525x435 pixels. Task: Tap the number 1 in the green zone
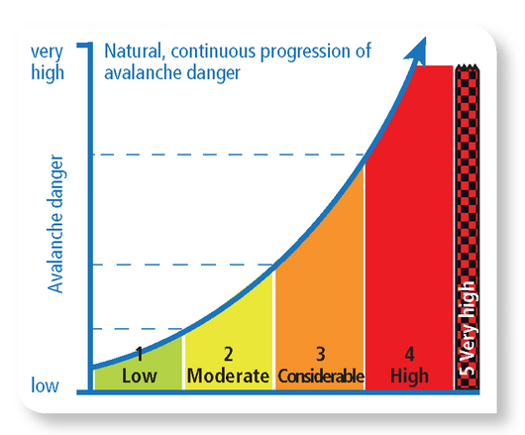pyautogui.click(x=140, y=354)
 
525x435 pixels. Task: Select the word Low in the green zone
pyautogui.click(x=140, y=376)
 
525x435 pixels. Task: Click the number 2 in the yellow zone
pyautogui.click(x=228, y=354)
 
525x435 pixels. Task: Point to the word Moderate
pyautogui.click(x=228, y=376)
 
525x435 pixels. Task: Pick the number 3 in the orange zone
pyautogui.click(x=320, y=354)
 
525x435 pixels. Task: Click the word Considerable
pyautogui.click(x=320, y=377)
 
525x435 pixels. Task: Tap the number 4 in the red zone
pyautogui.click(x=409, y=354)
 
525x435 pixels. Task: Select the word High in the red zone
pyautogui.click(x=409, y=376)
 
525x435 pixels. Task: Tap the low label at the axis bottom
pyautogui.click(x=45, y=383)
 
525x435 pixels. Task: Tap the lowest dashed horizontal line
pyautogui.click(x=139, y=328)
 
